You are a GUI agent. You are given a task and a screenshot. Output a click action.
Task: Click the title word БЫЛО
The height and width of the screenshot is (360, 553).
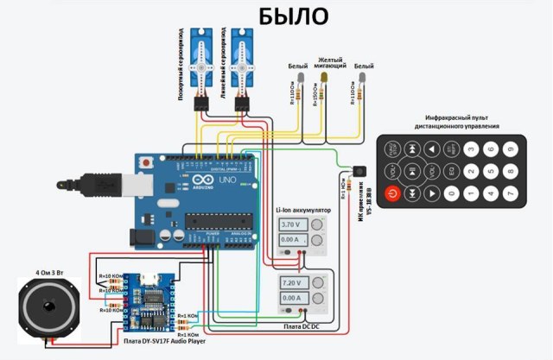tap(294, 16)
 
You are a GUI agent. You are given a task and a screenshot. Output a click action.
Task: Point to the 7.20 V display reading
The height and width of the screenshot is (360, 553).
tap(291, 282)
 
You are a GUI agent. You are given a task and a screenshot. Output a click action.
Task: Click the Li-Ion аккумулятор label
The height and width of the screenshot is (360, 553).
tap(302, 209)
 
